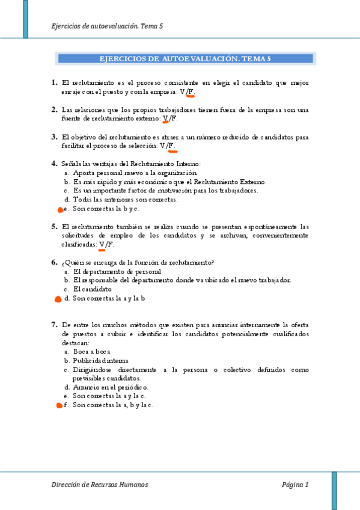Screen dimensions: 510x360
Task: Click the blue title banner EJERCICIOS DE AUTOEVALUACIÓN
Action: pos(185,59)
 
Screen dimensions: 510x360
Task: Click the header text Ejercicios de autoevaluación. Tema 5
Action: pos(108,26)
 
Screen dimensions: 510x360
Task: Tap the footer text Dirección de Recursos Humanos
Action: pos(100,485)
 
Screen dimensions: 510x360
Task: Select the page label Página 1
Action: pos(295,485)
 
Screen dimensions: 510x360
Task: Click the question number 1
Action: pos(55,82)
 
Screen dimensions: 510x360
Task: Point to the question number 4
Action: pos(55,164)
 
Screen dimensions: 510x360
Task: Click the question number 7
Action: pos(55,324)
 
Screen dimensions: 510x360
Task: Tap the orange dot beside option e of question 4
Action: pos(59,210)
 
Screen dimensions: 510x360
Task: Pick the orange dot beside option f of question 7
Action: pos(59,406)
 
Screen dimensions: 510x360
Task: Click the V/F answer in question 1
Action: pos(188,92)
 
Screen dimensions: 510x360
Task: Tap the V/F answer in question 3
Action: pos(168,146)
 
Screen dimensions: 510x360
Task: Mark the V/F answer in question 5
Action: pos(106,245)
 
